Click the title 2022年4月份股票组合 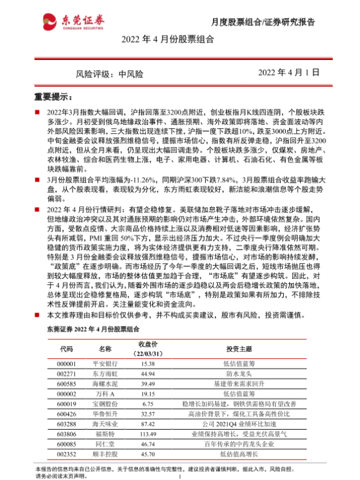pyautogui.click(x=167, y=41)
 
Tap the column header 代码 pyautogui.click(x=67, y=349)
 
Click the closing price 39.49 pyautogui.click(x=148, y=385)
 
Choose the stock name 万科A pyautogui.click(x=105, y=395)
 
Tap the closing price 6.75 pyautogui.click(x=148, y=405)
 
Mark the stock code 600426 pyautogui.click(x=67, y=415)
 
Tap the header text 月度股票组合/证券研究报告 pyautogui.click(x=263, y=22)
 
